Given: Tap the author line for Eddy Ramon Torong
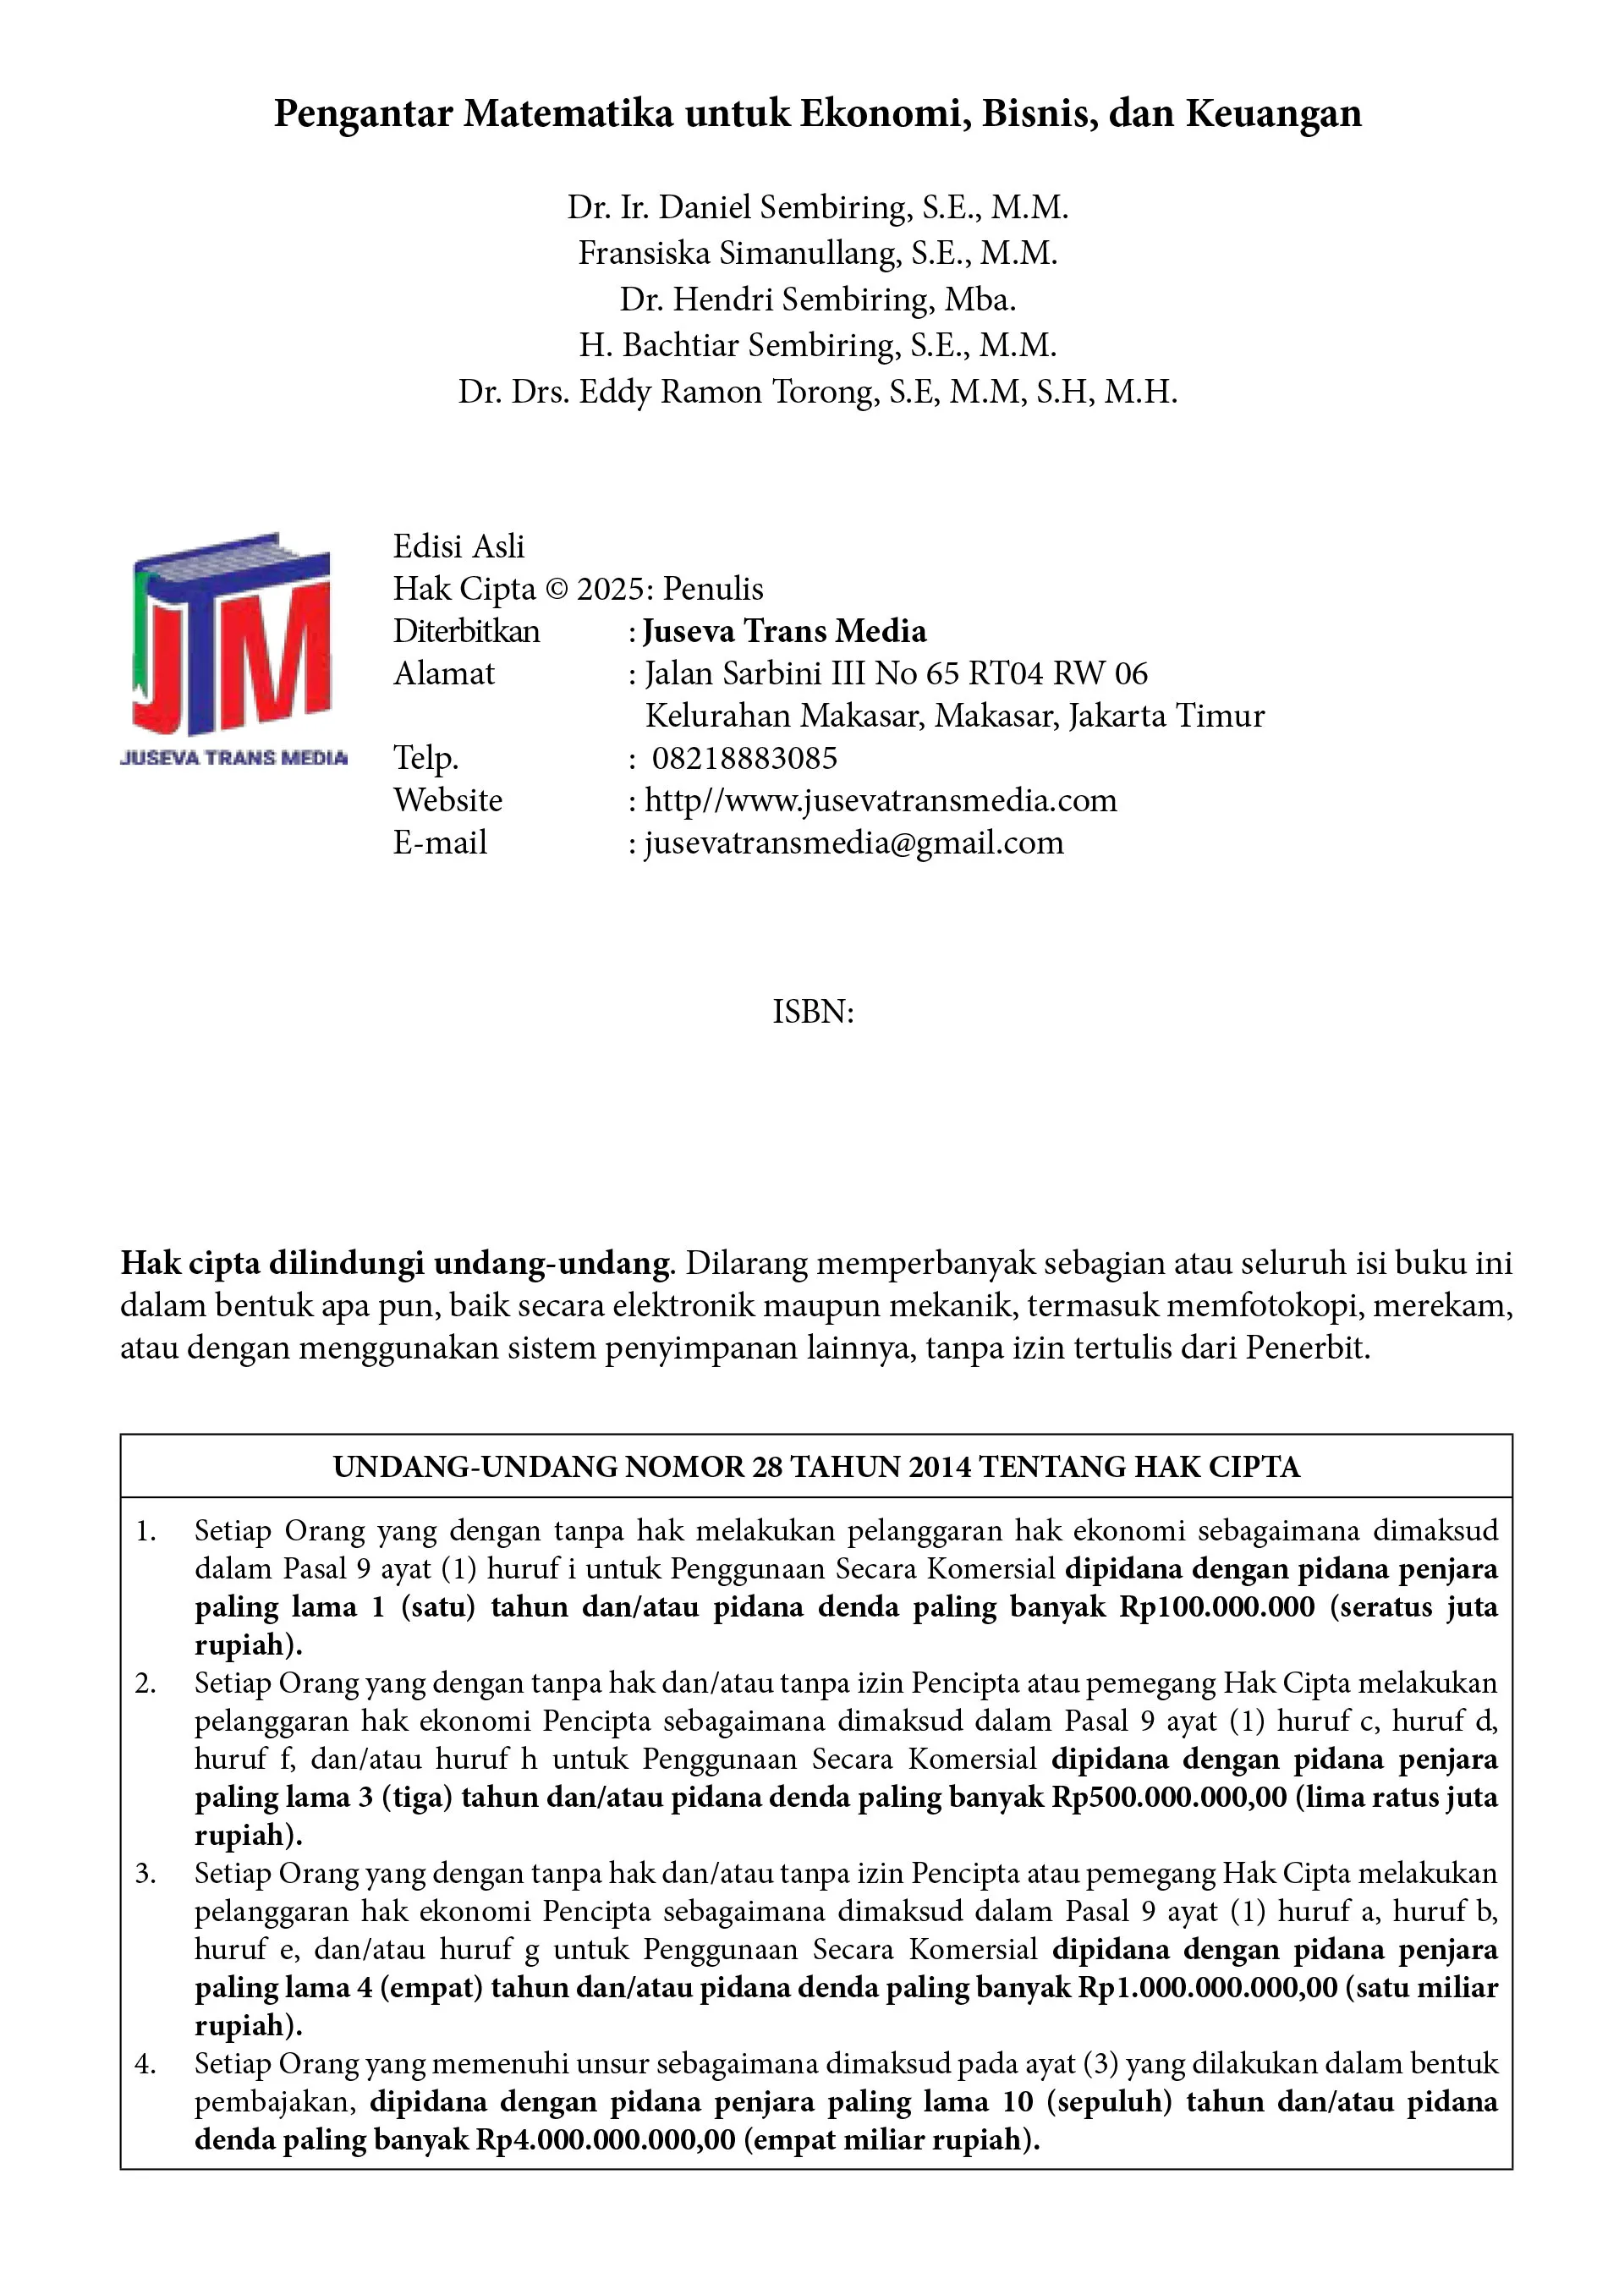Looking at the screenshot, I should (817, 392).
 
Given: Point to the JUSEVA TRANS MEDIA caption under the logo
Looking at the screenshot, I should (234, 758).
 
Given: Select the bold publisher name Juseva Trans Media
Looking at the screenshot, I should (785, 631).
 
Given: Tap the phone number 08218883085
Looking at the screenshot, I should (744, 759).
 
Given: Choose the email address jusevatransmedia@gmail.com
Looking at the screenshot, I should (854, 843).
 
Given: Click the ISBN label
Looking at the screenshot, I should (813, 1013).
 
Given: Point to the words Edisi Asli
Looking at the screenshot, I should (458, 546).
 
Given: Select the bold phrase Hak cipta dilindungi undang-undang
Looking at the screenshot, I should (396, 1263).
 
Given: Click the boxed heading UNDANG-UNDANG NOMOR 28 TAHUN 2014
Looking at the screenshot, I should (815, 1467).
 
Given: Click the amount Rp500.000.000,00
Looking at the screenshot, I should (1169, 1797).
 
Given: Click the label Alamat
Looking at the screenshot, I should (443, 674).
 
